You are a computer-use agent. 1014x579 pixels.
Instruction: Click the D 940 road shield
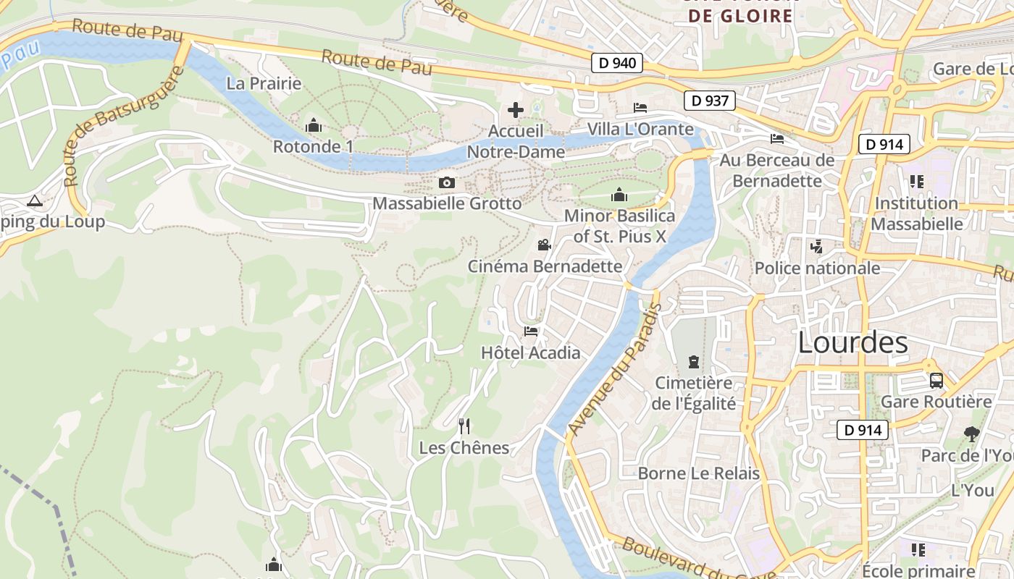coord(618,63)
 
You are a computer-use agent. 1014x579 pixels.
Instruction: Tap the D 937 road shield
coord(710,101)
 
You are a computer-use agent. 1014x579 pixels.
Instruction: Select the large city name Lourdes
coord(852,342)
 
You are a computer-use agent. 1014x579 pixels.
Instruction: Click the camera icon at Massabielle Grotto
coord(447,182)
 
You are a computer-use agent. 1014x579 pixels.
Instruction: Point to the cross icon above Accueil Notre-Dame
coord(516,110)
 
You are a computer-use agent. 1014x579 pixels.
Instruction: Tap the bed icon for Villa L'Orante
coord(640,108)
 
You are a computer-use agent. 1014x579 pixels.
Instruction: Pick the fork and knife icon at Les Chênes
coord(464,426)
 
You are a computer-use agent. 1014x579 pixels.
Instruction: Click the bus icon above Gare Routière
coord(936,380)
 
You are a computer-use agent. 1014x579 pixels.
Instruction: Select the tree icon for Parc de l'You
coord(971,434)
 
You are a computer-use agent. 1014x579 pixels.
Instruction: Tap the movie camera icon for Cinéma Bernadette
coord(545,245)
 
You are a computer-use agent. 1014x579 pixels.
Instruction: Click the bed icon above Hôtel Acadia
coord(531,331)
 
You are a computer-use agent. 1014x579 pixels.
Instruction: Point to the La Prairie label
coord(264,83)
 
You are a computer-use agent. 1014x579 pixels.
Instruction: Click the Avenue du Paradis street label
coord(615,369)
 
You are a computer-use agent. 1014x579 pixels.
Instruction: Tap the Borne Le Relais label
coord(698,473)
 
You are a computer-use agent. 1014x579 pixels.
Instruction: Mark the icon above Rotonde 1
coord(313,125)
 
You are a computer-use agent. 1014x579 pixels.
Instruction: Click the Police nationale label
coord(817,268)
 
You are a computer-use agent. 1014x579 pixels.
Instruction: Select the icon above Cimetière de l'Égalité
coord(694,361)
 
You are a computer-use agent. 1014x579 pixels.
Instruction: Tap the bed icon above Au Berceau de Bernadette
coord(777,139)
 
